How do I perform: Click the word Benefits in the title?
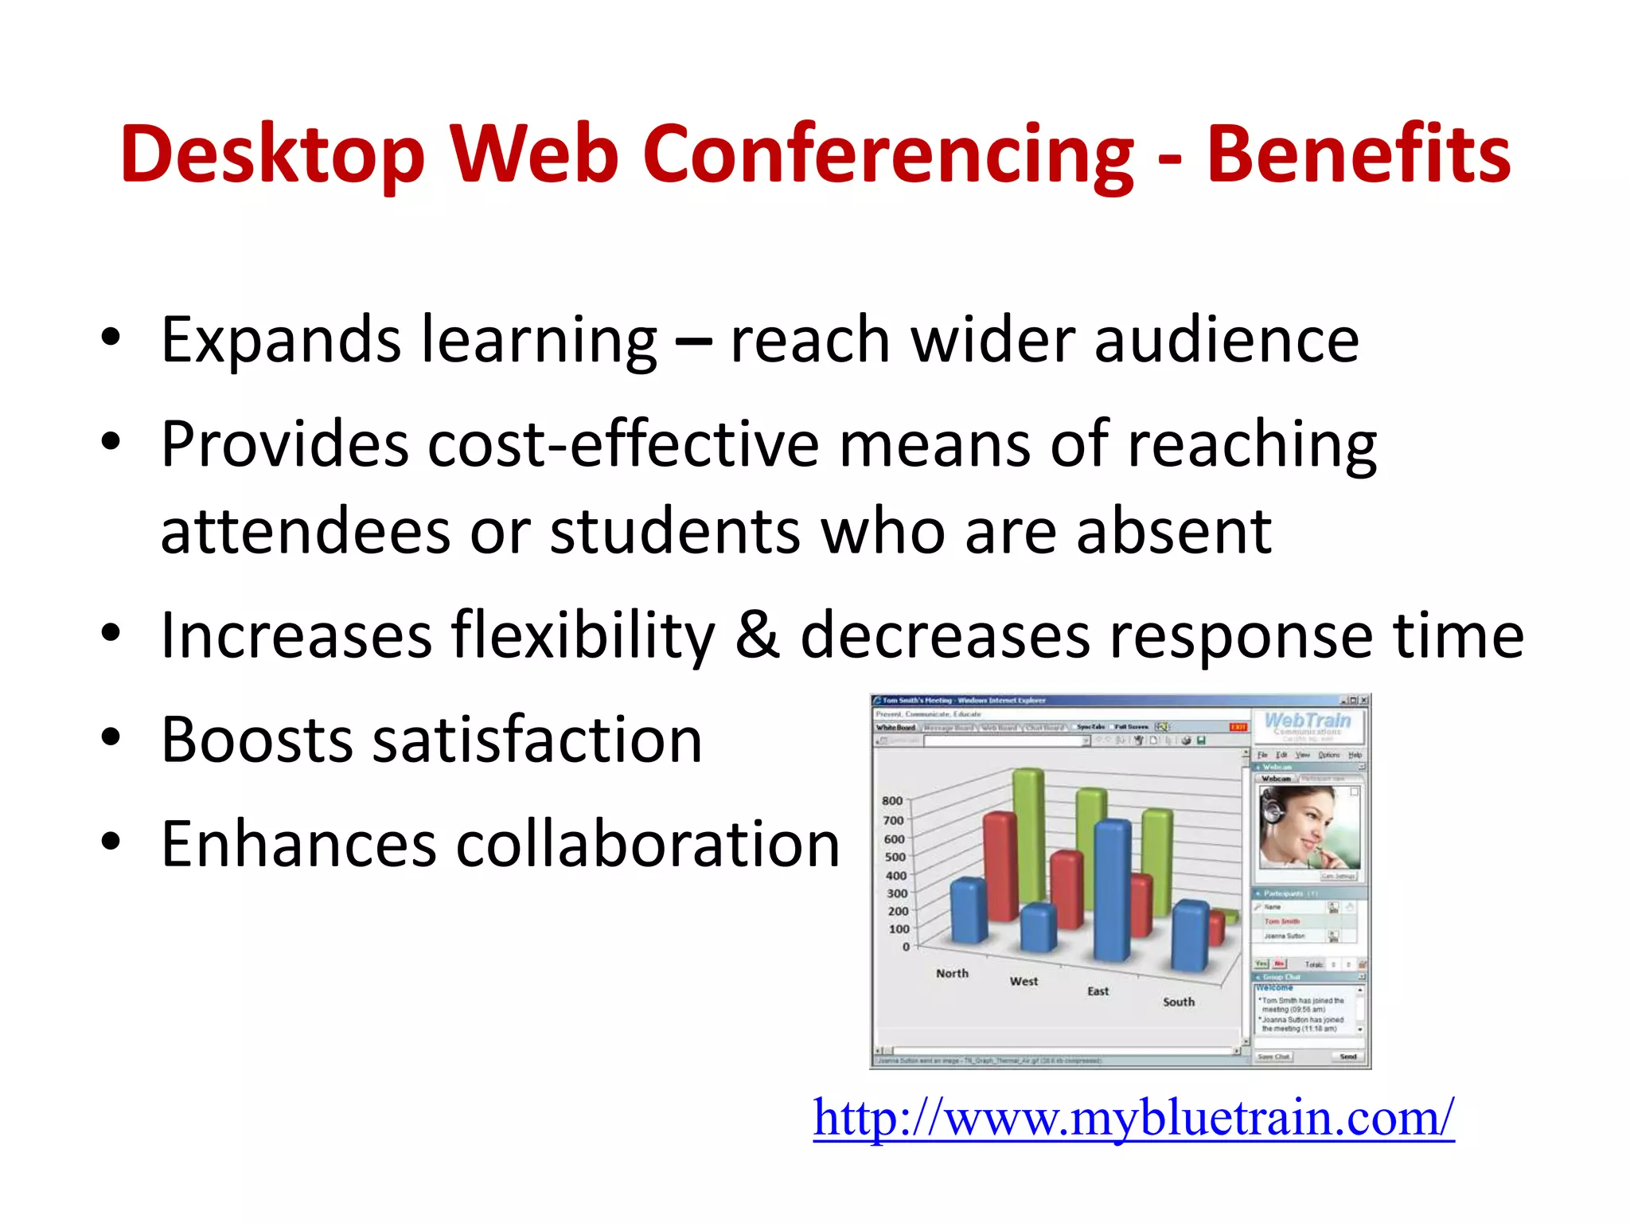1358,154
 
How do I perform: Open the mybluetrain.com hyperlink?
1133,1118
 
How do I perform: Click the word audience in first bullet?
1226,340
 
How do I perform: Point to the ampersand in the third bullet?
757,635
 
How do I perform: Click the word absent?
1173,531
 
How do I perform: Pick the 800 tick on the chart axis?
892,800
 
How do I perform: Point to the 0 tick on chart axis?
906,947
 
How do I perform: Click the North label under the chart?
952,973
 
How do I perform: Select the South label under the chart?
1178,1002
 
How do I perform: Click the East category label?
1098,991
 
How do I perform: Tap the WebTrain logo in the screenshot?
1308,723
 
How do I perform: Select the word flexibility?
583,635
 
